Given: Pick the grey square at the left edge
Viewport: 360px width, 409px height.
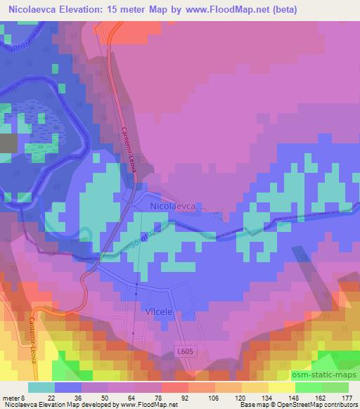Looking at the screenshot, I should point(8,143).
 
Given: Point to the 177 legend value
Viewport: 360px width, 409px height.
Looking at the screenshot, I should point(347,397).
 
